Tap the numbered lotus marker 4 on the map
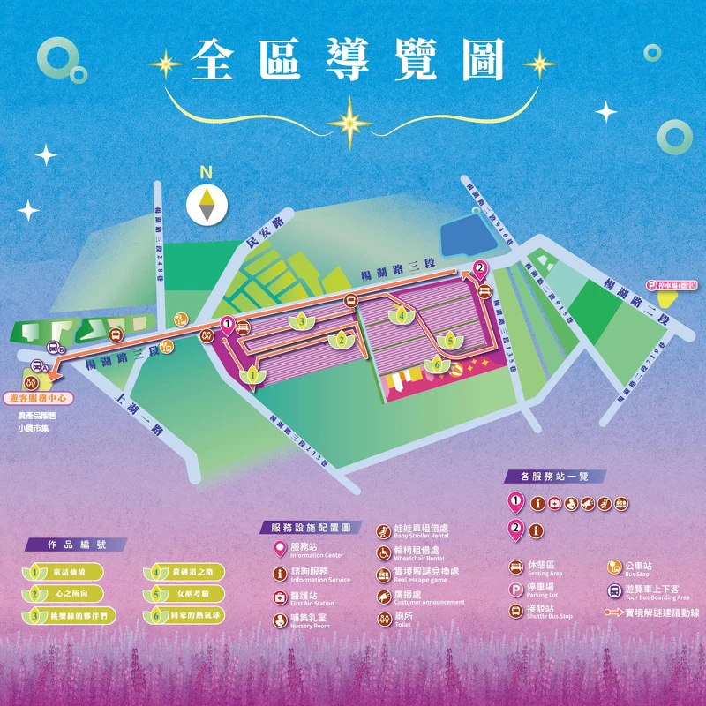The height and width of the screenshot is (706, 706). pos(402,314)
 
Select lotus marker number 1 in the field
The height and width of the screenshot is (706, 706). pos(253,376)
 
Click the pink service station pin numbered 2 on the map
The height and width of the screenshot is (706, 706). pos(480,267)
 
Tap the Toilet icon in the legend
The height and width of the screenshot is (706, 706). pos(384,619)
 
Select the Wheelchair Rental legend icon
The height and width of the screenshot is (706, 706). pos(384,552)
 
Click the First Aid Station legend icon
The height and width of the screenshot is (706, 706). pos(280,597)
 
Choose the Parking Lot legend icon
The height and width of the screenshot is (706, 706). pos(516,589)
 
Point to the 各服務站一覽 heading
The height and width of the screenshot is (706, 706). pos(555,477)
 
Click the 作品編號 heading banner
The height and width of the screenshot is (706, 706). pos(75,545)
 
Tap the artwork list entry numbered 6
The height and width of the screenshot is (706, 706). pos(184,615)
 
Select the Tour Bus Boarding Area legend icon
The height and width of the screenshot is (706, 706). pos(615,590)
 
